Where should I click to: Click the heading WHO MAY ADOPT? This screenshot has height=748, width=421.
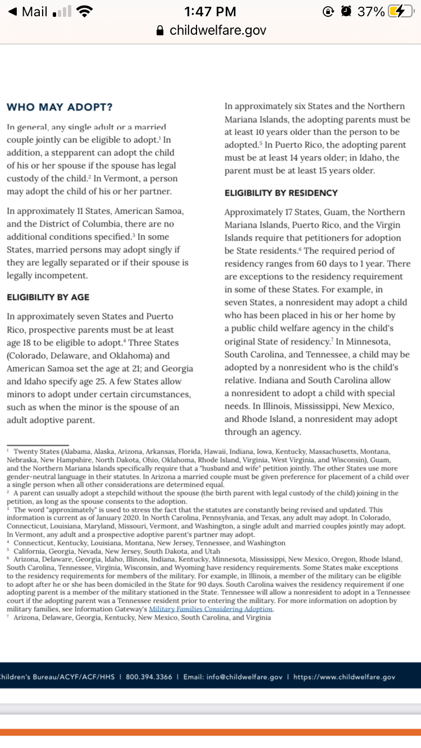(x=59, y=107)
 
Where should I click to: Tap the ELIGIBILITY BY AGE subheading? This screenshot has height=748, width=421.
(x=48, y=297)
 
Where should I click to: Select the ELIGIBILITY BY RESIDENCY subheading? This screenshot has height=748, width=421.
(x=281, y=193)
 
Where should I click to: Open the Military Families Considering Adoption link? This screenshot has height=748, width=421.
(x=210, y=609)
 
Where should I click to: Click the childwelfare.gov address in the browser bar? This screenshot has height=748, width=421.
(x=218, y=30)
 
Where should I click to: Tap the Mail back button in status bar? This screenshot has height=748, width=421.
(x=28, y=11)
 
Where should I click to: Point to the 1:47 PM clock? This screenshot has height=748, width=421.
(x=210, y=11)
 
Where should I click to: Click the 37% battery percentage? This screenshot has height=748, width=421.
(x=371, y=11)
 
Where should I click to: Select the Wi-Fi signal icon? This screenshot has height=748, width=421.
(x=83, y=11)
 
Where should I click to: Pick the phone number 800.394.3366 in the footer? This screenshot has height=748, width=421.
(x=149, y=677)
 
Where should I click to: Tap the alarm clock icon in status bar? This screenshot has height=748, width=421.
(x=346, y=11)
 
